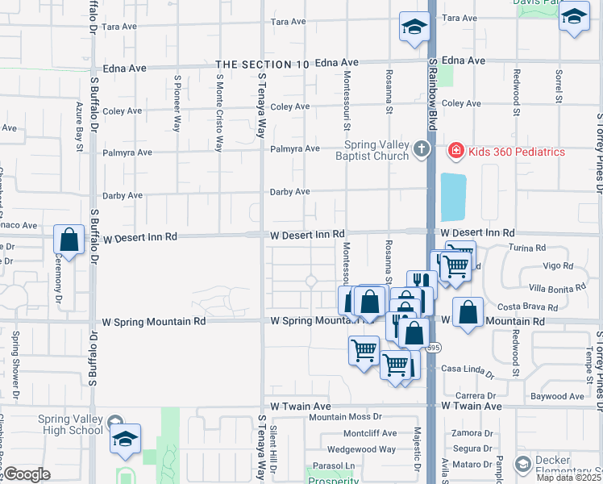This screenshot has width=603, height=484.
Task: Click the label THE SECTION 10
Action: [263, 64]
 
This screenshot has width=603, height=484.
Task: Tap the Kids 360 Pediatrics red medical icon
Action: [455, 151]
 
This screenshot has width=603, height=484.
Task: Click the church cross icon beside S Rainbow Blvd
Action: [420, 150]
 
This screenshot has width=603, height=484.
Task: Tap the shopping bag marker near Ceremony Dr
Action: [69, 240]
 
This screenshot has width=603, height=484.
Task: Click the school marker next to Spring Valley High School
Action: [125, 439]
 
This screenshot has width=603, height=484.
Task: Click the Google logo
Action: [27, 474]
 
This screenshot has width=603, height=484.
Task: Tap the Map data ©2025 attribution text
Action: [569, 478]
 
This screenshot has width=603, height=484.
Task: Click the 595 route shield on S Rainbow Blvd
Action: [434, 348]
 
